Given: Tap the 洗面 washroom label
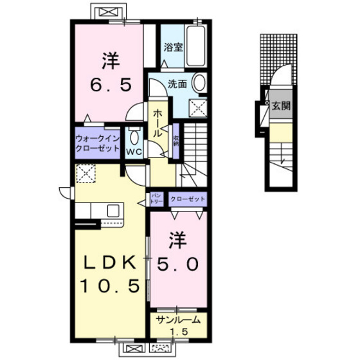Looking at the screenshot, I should [x=178, y=83].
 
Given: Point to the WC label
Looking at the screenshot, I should [x=134, y=152].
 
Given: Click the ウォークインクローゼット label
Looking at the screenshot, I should [x=98, y=142].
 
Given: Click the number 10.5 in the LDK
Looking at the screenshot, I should [x=109, y=285].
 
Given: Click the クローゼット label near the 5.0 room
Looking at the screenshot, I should [x=188, y=199].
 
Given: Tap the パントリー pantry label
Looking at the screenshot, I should [x=156, y=199].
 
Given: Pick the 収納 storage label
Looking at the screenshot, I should [x=175, y=138].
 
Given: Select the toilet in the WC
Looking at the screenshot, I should [x=134, y=136].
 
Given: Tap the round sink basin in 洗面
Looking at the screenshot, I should [x=199, y=84].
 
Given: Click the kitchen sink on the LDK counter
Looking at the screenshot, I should [x=113, y=210].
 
